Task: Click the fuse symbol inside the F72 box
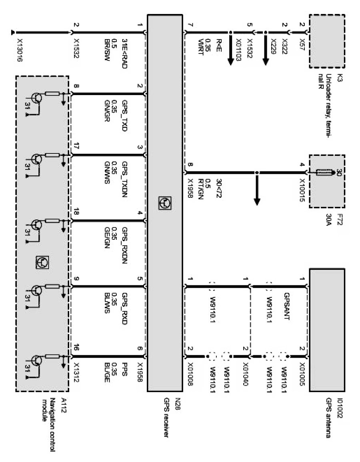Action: click(x=324, y=173)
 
